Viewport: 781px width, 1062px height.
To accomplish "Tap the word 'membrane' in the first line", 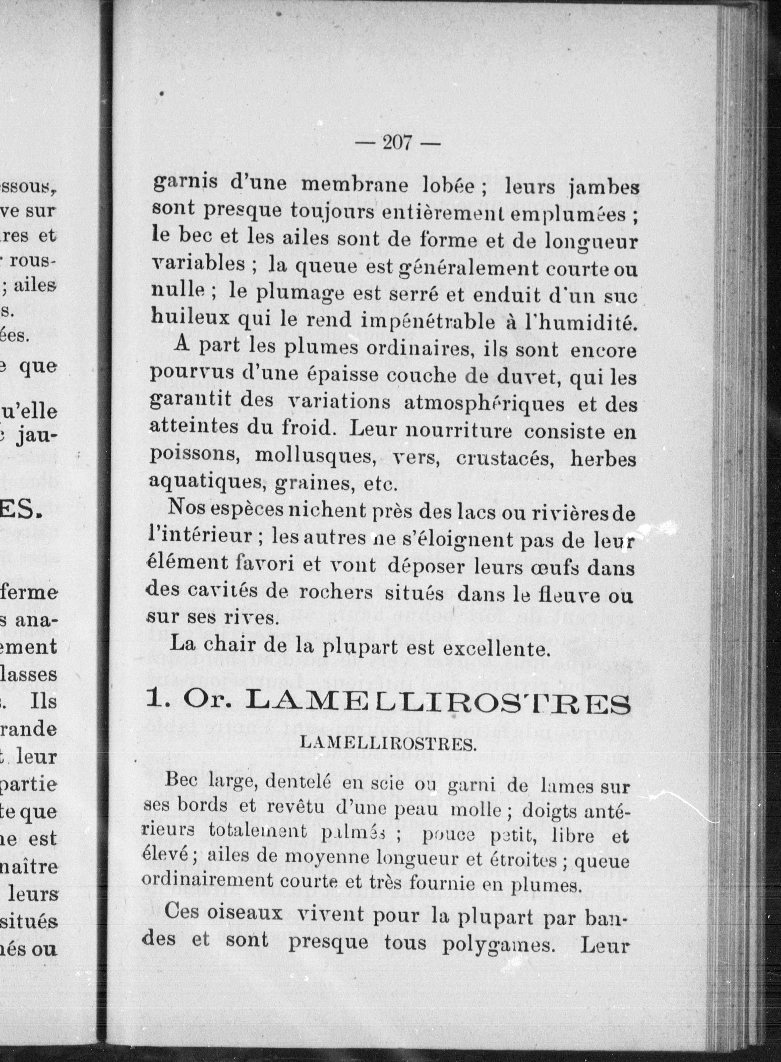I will pyautogui.click(x=355, y=184).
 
